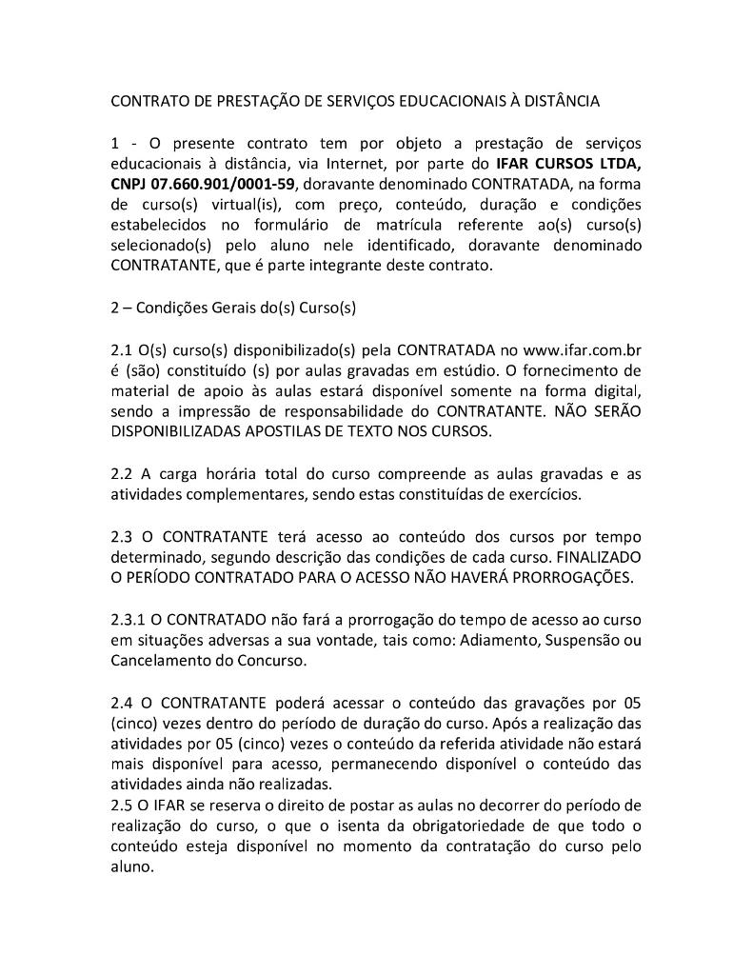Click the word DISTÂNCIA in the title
point(559,100)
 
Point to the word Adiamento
point(499,640)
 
